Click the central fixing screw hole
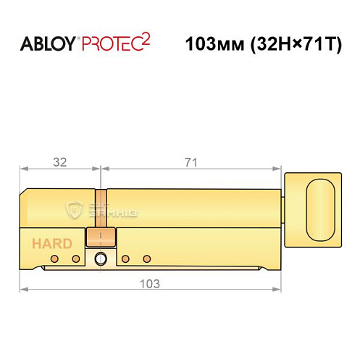tap(101, 259)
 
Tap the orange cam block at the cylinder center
tap(101, 237)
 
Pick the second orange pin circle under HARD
tap(75, 258)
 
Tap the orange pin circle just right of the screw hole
tap(125, 258)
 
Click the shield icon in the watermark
tap(73, 210)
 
